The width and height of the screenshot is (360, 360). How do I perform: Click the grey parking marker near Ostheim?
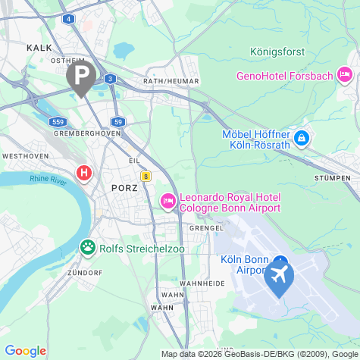pyautogui.click(x=80, y=75)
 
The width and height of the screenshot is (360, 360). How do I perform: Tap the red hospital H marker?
pyautogui.click(x=84, y=173)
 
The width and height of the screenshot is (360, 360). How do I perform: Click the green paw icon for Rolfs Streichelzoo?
pyautogui.click(x=89, y=247)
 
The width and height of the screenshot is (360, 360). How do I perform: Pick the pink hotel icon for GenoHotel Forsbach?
pyautogui.click(x=346, y=74)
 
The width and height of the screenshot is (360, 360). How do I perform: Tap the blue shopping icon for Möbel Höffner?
pyautogui.click(x=302, y=139)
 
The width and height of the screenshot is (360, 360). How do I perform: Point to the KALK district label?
pyautogui.click(x=39, y=47)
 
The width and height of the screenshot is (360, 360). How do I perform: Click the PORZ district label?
pyautogui.click(x=123, y=187)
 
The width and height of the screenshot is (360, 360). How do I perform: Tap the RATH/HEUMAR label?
pyautogui.click(x=171, y=81)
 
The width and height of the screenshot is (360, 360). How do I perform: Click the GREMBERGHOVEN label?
pyautogui.click(x=88, y=133)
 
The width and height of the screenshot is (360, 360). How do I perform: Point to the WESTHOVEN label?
pyautogui.click(x=26, y=155)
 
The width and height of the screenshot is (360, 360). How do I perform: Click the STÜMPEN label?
pyautogui.click(x=331, y=177)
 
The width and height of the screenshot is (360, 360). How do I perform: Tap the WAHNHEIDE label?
pyautogui.click(x=200, y=283)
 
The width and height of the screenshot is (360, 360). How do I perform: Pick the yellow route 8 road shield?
pyautogui.click(x=145, y=176)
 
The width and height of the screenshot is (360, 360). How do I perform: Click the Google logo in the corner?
pyautogui.click(x=25, y=351)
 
